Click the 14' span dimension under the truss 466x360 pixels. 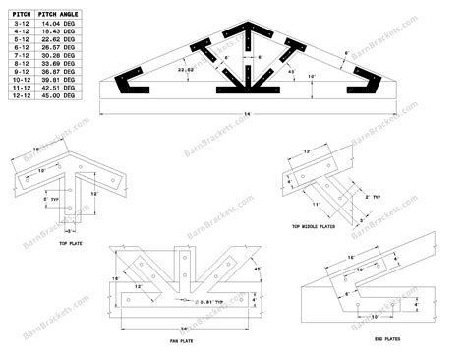(x=234, y=115)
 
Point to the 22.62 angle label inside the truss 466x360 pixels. (x=184, y=70)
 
